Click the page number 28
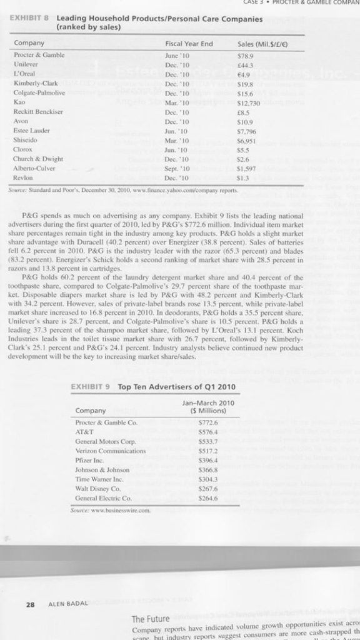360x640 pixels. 29,604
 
